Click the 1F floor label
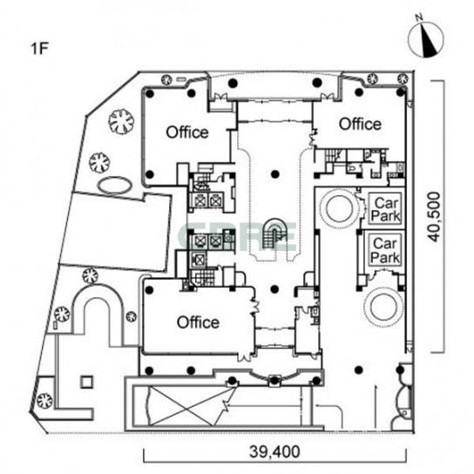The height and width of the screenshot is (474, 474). tap(39, 49)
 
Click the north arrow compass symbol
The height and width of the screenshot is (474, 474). tap(426, 39)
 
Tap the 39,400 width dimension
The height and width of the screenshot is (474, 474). tap(274, 451)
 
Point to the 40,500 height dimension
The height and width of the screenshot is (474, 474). tap(435, 216)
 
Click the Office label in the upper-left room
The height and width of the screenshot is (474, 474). tap(187, 132)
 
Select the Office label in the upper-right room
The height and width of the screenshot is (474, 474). tap(360, 124)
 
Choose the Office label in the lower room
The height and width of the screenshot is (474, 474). tap(198, 322)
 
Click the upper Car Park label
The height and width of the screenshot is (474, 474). tap(385, 209)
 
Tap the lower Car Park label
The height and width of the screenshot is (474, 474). tap(385, 250)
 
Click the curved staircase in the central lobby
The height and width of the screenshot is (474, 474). tap(274, 234)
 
